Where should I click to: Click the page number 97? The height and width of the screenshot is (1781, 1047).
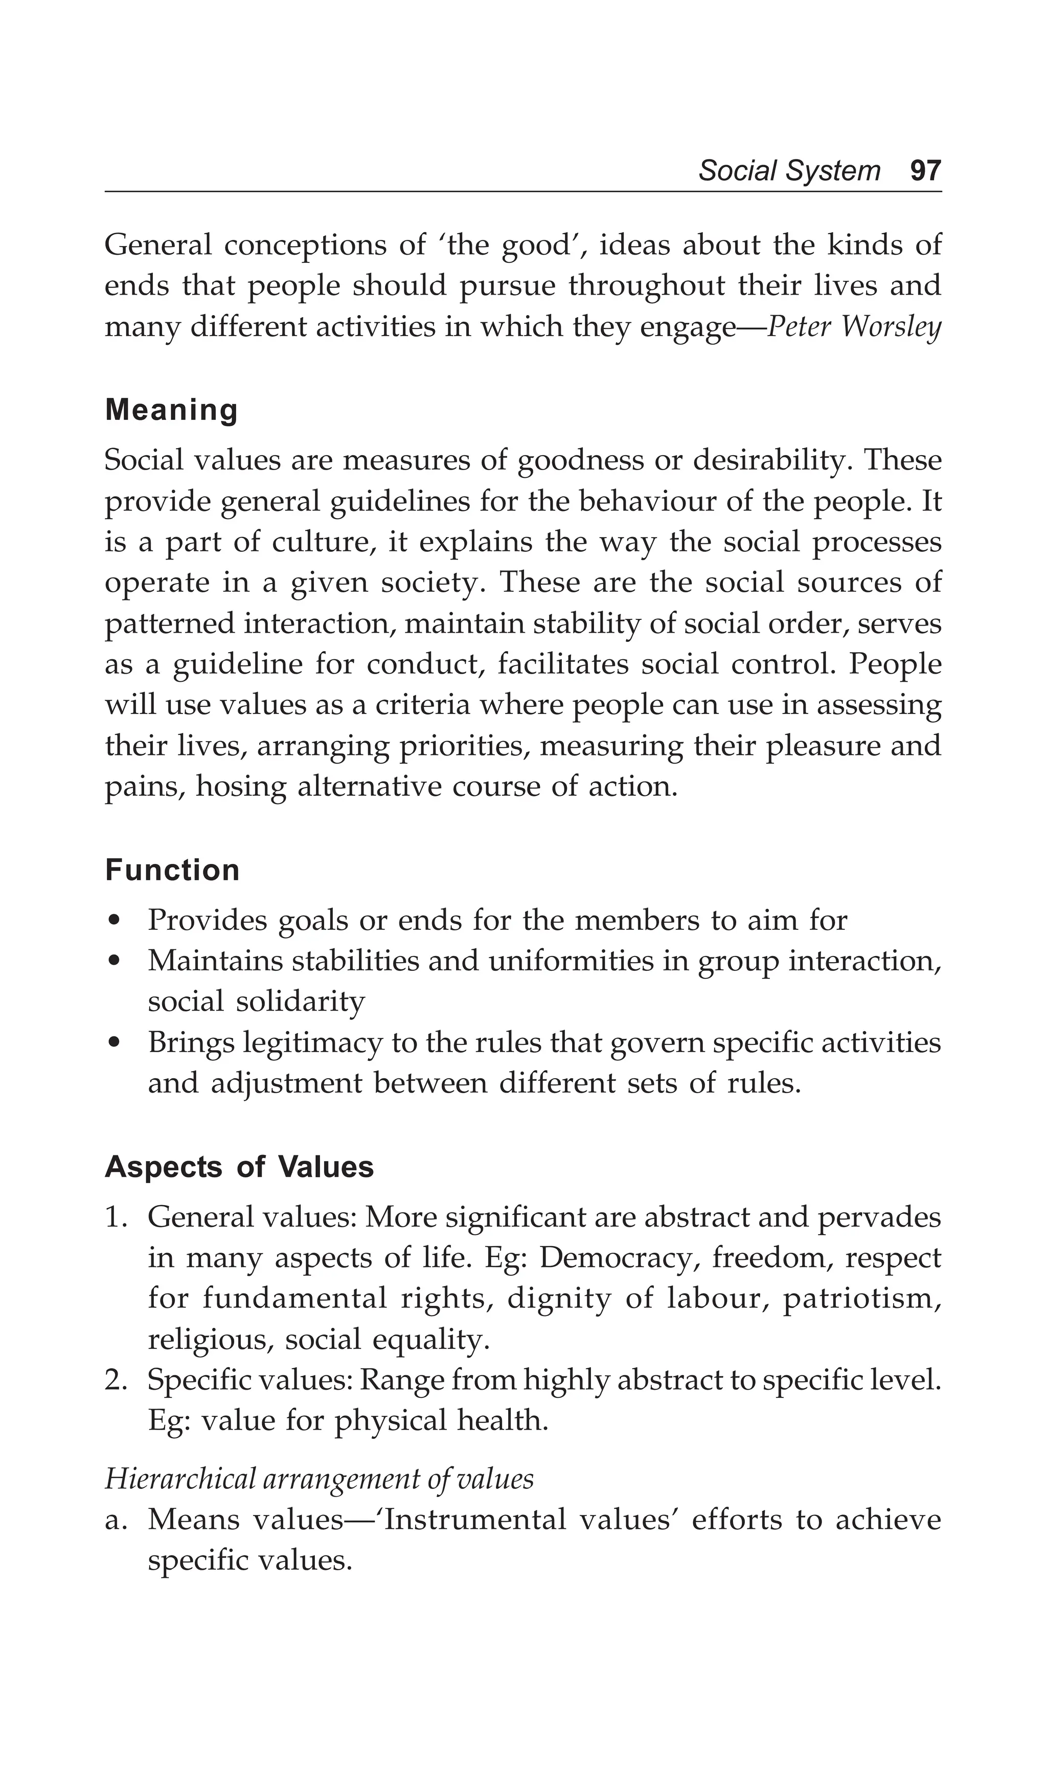point(925,171)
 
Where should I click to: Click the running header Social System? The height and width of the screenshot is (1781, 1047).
point(789,171)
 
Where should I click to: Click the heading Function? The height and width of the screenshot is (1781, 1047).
point(172,870)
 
